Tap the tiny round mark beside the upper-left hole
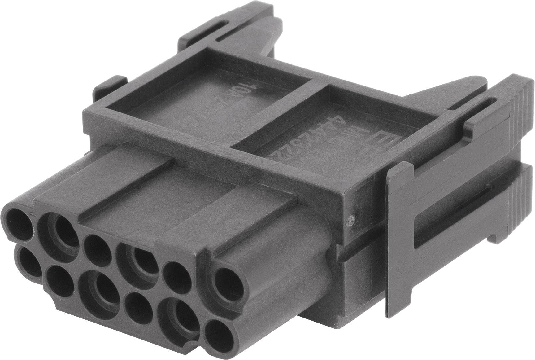point(31,213)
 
